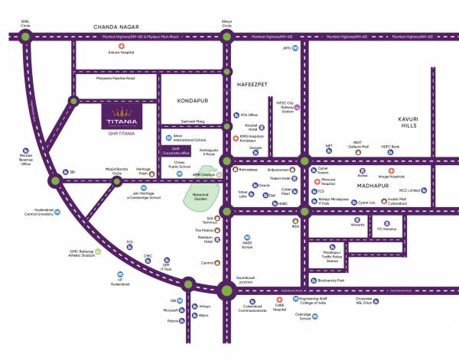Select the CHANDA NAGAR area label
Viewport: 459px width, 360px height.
[115, 27]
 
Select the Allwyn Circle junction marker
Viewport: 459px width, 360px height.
[226, 36]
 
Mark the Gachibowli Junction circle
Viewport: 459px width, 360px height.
[226, 290]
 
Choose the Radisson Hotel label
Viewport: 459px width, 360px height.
[202, 238]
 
